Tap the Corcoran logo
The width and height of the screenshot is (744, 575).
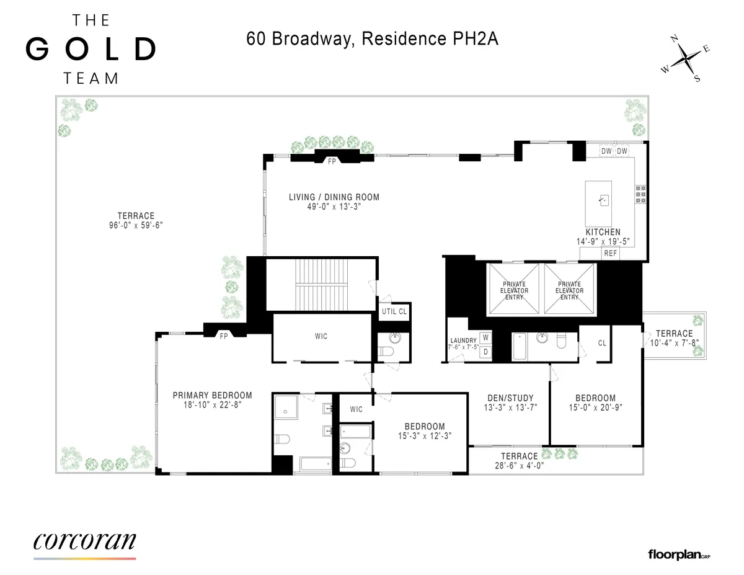pyautogui.click(x=84, y=541)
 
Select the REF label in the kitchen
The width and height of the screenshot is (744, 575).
pyautogui.click(x=610, y=253)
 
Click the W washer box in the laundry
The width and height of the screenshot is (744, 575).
pyautogui.click(x=485, y=337)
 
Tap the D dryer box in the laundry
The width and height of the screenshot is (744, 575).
pyautogui.click(x=485, y=352)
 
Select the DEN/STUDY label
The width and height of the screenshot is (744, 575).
pyautogui.click(x=508, y=398)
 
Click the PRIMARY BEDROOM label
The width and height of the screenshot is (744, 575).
pyautogui.click(x=212, y=395)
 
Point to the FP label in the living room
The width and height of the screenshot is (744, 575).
pyautogui.click(x=332, y=161)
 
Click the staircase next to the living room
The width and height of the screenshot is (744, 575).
pyautogui.click(x=321, y=283)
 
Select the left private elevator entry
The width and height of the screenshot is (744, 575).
pyautogui.click(x=515, y=290)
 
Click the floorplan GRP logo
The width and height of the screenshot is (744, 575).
pyautogui.click(x=678, y=554)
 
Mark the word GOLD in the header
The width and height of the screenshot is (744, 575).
pyautogui.click(x=91, y=50)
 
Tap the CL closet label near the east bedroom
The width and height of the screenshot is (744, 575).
pyautogui.click(x=602, y=342)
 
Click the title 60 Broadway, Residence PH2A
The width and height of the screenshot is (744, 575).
pyautogui.click(x=373, y=39)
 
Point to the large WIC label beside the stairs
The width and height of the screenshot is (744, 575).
pyautogui.click(x=321, y=336)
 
